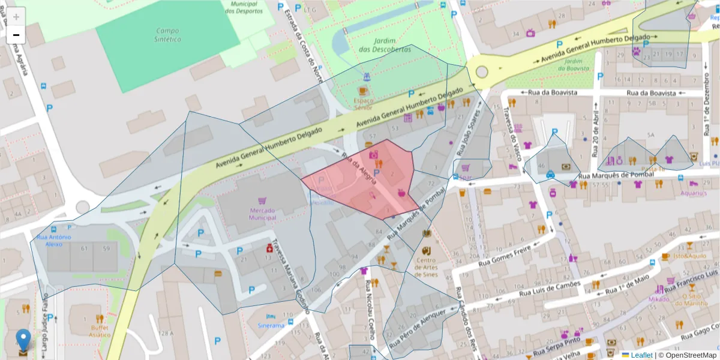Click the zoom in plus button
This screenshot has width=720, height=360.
click(16, 17)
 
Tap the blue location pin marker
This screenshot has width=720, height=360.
click(23, 340)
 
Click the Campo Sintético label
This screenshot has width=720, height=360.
click(168, 35)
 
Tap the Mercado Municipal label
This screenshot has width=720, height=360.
click(262, 214)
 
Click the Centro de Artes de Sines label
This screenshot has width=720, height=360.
click(426, 267)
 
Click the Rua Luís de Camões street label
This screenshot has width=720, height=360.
click(550, 290)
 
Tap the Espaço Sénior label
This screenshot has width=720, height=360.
click(364, 104)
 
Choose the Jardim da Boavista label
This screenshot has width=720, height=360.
click(574, 64)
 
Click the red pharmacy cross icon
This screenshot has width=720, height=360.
click(270, 248)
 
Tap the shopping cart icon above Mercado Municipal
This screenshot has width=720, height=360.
click(262, 200)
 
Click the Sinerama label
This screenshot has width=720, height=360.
click(271, 325)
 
